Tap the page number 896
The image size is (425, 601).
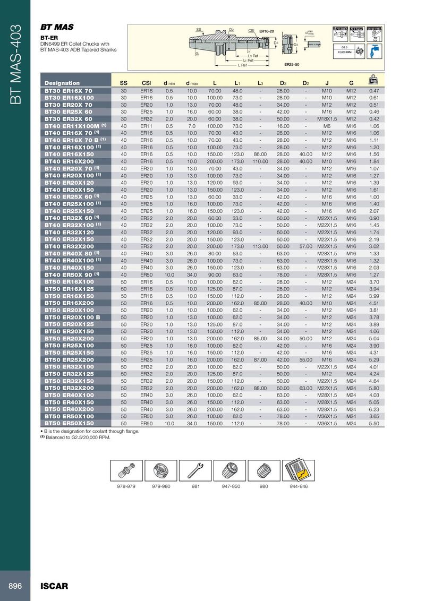click(14, 586)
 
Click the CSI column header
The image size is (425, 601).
click(147, 83)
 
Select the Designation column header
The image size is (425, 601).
click(62, 83)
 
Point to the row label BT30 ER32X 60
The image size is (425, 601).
click(69, 119)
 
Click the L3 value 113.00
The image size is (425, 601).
click(260, 247)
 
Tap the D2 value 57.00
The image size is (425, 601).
click(306, 247)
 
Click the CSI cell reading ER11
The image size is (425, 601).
click(147, 126)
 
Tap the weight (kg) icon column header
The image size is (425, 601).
click(374, 81)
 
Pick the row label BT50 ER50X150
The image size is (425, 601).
click(69, 423)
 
